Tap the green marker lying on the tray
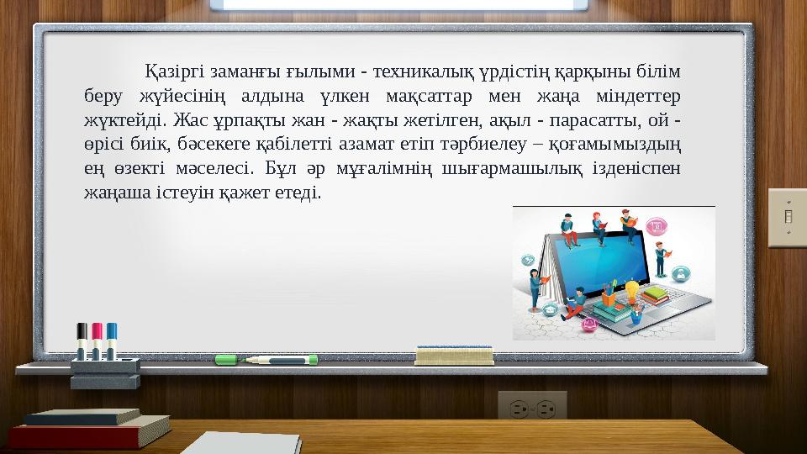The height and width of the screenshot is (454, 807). pos(266,360)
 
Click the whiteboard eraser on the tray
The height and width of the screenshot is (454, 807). pos(455,356)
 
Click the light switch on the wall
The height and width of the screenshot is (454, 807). pos(788,217)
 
